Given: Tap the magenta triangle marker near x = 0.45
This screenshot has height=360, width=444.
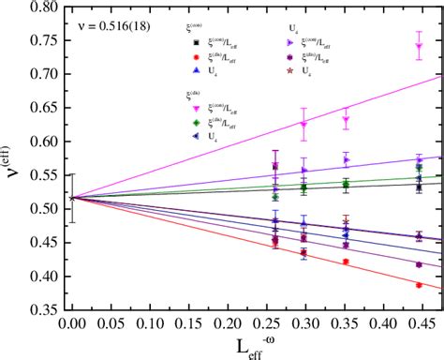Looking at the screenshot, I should [419, 46].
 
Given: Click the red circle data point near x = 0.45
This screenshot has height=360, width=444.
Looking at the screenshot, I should [419, 285].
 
